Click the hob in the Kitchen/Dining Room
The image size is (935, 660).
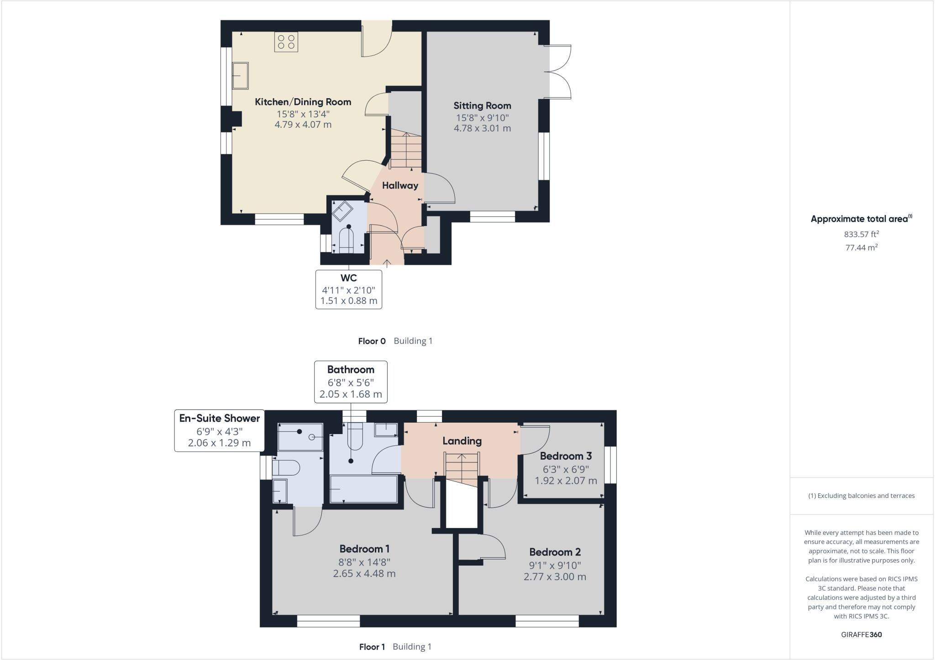coord(286,42)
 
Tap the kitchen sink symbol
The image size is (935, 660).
coord(240,76)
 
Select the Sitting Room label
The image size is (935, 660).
coord(482,105)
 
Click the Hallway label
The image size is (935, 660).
coord(400,185)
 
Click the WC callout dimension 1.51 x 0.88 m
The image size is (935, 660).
coord(349,301)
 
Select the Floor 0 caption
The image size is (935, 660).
coord(372,341)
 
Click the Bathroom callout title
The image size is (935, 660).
coord(351,370)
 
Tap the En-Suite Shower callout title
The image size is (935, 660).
coord(219,418)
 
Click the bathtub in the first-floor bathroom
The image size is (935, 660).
coord(363,489)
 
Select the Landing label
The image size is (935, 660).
coord(462,441)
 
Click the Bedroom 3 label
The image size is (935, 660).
coord(566,456)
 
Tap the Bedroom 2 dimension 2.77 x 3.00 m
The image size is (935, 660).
coord(555,576)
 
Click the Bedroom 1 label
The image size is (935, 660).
coord(364,549)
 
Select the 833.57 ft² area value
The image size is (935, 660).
coord(861,234)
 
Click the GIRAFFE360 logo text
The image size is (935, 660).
coord(861,634)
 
